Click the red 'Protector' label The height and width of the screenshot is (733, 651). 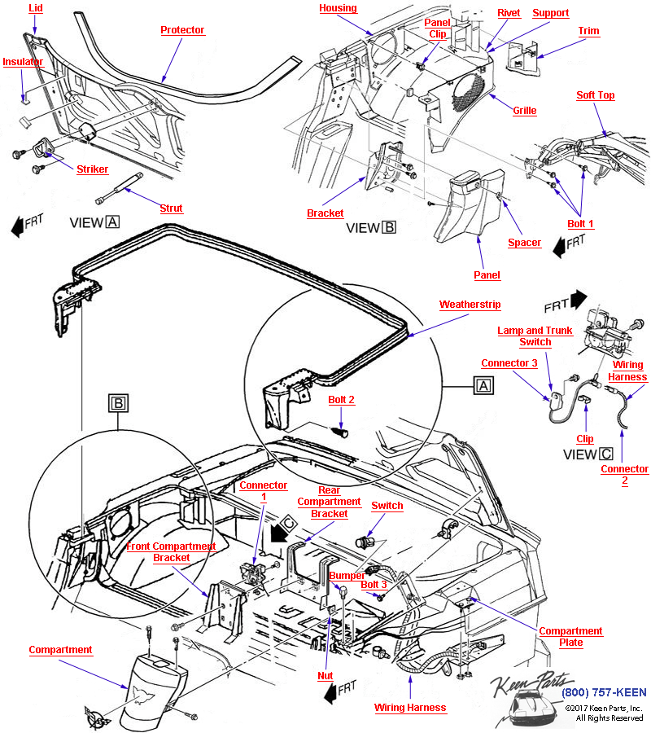[x=182, y=30]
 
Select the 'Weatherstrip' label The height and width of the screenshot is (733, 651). [x=470, y=305]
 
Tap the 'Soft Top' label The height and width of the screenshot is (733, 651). [x=596, y=95]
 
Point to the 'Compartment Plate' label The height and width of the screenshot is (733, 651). [x=570, y=637]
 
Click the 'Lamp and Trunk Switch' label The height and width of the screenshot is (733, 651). [x=535, y=336]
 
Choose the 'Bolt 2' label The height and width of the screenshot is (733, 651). [x=342, y=400]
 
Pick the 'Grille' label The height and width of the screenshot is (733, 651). [x=525, y=111]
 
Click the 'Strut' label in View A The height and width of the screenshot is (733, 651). [x=171, y=208]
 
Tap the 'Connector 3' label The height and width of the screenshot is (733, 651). [x=509, y=363]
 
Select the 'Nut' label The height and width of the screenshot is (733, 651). [x=325, y=675]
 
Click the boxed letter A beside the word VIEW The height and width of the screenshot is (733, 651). [x=112, y=222]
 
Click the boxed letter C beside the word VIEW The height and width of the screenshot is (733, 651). [x=606, y=454]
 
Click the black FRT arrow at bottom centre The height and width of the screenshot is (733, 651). [x=331, y=693]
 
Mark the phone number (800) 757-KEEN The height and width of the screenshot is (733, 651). [x=604, y=693]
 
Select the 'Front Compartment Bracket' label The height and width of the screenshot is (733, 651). [x=171, y=552]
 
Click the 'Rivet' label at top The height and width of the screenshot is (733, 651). [x=509, y=13]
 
